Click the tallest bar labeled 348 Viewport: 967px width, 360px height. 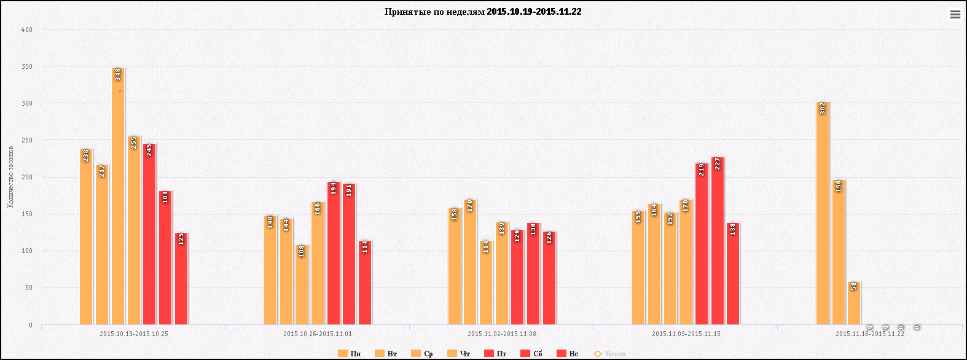[x=117, y=197]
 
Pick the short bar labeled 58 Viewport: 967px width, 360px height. [x=854, y=303]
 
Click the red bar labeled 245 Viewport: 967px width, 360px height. [x=149, y=234]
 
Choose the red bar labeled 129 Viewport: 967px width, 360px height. [x=517, y=277]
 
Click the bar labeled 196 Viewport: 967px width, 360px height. [x=839, y=252]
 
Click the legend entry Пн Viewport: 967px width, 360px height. [x=350, y=354]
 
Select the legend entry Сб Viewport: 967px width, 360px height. [x=531, y=354]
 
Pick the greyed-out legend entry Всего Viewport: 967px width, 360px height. [x=609, y=354]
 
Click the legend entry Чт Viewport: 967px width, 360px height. [x=459, y=354]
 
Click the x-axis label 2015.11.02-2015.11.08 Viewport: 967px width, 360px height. [x=501, y=334]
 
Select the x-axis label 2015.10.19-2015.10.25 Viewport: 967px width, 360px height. [x=133, y=334]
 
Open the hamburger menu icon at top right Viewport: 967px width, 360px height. [x=955, y=15]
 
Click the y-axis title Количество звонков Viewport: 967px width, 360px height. [x=10, y=177]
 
